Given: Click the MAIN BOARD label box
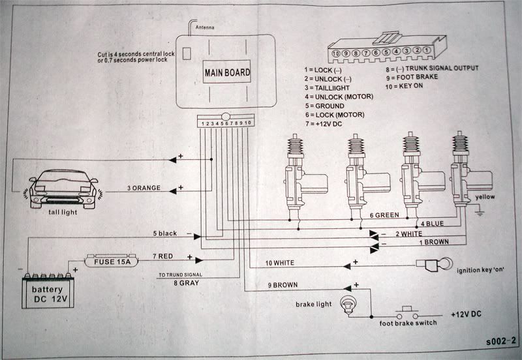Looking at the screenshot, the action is (x=226, y=72).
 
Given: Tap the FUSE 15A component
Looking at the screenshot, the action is (x=112, y=261).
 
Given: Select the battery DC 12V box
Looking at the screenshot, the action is (x=48, y=290).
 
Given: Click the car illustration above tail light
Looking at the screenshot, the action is (x=63, y=188).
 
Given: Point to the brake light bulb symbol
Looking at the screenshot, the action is (x=348, y=305).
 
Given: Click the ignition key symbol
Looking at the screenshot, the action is (x=434, y=265).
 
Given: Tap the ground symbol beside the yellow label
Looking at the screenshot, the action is (x=480, y=211).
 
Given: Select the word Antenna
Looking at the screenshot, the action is (x=205, y=27).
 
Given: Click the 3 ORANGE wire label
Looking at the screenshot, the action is (x=144, y=188).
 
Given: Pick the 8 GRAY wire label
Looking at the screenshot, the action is (x=186, y=283).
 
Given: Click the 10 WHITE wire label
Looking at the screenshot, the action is (x=280, y=263).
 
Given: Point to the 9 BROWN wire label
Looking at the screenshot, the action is (x=283, y=285).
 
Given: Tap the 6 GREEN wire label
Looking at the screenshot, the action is (x=384, y=215).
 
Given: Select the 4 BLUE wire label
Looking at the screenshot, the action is (x=432, y=224).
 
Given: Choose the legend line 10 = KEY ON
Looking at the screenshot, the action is (x=404, y=86).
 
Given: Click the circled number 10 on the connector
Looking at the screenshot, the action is (x=335, y=53).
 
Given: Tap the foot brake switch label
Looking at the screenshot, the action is (x=408, y=323).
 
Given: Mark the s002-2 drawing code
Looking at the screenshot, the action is (x=500, y=341).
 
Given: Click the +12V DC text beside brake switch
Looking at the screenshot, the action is (x=466, y=314).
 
